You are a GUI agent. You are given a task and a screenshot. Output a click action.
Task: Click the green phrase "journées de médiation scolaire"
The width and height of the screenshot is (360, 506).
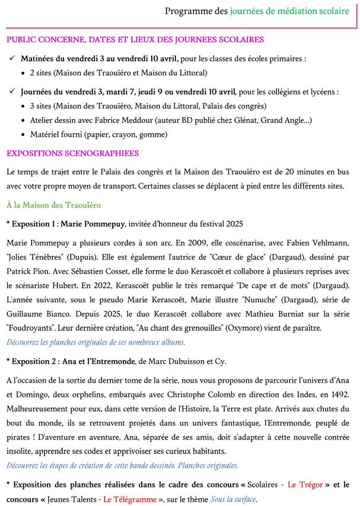289,11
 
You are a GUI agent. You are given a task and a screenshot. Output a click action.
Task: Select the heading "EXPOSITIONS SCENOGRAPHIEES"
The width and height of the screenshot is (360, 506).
72,153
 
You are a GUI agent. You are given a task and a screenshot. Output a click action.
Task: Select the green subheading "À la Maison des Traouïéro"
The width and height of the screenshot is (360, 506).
53,205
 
